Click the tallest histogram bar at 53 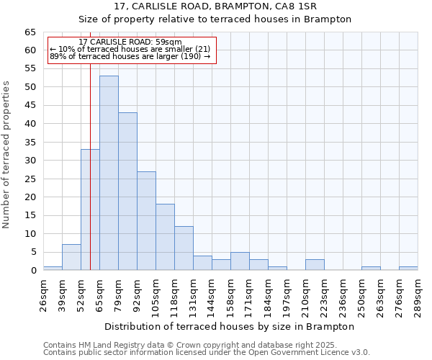[x=109, y=173]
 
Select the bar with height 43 [x=127, y=192]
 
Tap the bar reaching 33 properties [x=90, y=210]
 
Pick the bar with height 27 [x=146, y=220]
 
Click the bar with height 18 [x=165, y=237]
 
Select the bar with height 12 [x=184, y=248]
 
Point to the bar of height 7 [x=71, y=257]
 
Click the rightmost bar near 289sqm [x=408, y=268]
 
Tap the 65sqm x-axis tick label [x=100, y=294]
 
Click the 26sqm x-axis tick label [x=44, y=294]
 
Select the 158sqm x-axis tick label [x=231, y=295]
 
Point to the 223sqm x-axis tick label [x=325, y=295]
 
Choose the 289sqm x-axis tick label [x=418, y=295]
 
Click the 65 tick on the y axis [x=30, y=32]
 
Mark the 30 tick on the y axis [x=30, y=161]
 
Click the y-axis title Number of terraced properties [x=7, y=155]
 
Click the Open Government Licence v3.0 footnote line [x=207, y=352]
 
